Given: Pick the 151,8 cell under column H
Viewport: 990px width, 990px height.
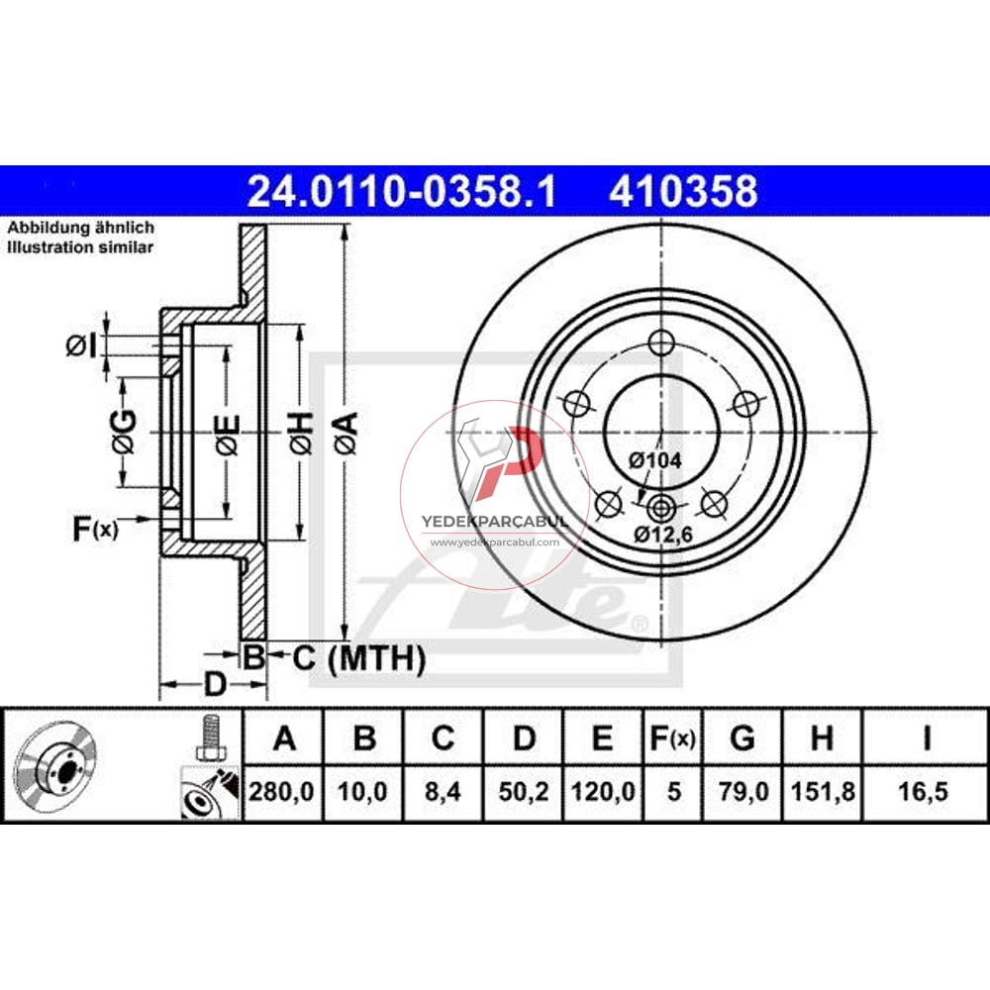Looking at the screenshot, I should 821,792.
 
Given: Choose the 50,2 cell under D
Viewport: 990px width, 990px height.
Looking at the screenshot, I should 524,792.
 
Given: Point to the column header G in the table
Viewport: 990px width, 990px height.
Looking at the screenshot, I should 742,739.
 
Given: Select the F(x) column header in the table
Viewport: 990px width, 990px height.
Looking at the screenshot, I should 673,739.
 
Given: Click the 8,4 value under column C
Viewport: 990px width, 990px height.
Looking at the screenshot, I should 444,792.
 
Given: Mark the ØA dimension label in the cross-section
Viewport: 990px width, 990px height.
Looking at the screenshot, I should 344,433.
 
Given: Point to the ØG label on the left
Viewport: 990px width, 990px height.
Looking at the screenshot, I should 123,433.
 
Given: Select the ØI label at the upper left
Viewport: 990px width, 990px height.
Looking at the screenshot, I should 81,346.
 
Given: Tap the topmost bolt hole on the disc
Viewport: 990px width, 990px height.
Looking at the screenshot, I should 661,344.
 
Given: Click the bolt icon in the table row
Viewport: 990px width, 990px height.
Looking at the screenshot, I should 209,739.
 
